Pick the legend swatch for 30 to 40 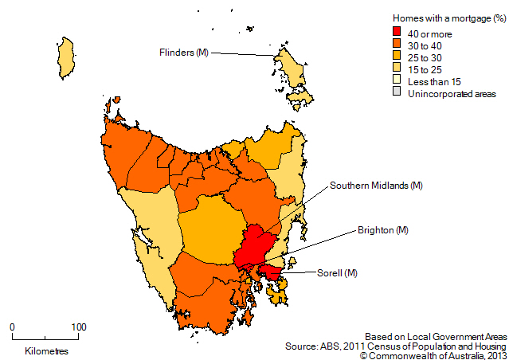pyautogui.click(x=398, y=45)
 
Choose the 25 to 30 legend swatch pyautogui.click(x=398, y=57)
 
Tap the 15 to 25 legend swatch pyautogui.click(x=398, y=69)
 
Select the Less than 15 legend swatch pyautogui.click(x=398, y=82)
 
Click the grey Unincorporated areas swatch pyautogui.click(x=398, y=94)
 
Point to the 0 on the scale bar pyautogui.click(x=12, y=327)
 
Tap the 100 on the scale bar pyautogui.click(x=79, y=327)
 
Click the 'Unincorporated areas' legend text pyautogui.click(x=452, y=94)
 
